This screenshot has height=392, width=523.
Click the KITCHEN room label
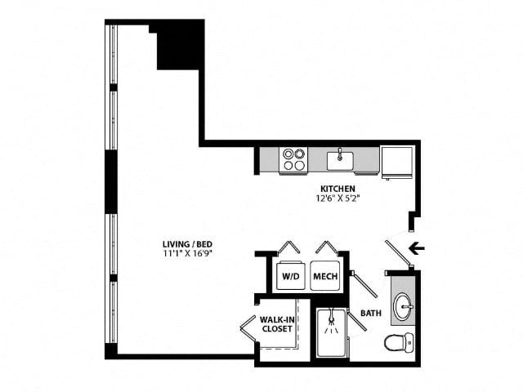click(x=337, y=189)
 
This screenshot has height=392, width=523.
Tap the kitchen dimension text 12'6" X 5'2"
click(x=337, y=198)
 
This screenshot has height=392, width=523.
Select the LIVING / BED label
click(x=187, y=243)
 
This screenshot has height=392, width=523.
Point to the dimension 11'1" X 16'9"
click(x=187, y=253)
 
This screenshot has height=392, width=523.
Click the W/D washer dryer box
click(x=291, y=276)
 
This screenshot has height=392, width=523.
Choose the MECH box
click(x=325, y=276)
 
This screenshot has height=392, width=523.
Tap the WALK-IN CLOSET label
click(x=277, y=324)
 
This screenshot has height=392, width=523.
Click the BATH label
click(x=371, y=313)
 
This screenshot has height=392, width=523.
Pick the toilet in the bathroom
click(x=400, y=342)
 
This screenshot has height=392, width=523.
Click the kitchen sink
click(x=340, y=161)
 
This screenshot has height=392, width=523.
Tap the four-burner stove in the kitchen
click(x=294, y=160)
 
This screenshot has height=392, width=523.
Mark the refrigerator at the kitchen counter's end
click(x=397, y=162)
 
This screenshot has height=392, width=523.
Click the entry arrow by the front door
click(x=417, y=248)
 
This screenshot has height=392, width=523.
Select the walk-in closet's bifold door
click(x=248, y=329)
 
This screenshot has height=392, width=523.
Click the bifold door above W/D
click(x=288, y=247)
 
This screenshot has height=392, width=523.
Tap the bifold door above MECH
click(x=327, y=247)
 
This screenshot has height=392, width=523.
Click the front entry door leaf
click(x=398, y=253)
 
